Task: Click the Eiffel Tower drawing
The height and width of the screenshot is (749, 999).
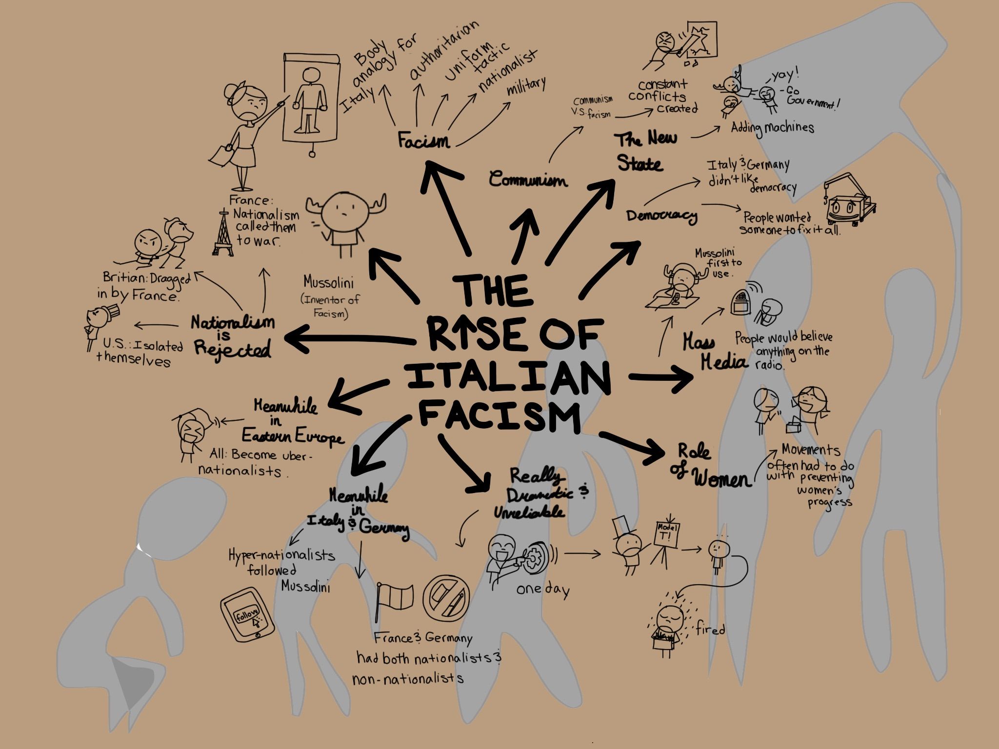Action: (x=223, y=233)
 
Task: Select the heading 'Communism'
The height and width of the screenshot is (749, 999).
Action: (x=528, y=179)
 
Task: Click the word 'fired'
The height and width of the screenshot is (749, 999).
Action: (x=711, y=630)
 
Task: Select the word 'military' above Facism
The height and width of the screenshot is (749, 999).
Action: (x=526, y=87)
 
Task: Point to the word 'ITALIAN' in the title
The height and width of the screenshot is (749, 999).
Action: (x=509, y=378)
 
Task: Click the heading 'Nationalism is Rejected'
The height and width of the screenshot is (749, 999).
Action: (x=233, y=336)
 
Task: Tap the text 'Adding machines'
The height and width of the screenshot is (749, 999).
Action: (x=772, y=128)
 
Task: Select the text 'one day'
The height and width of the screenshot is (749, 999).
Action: (x=543, y=590)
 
